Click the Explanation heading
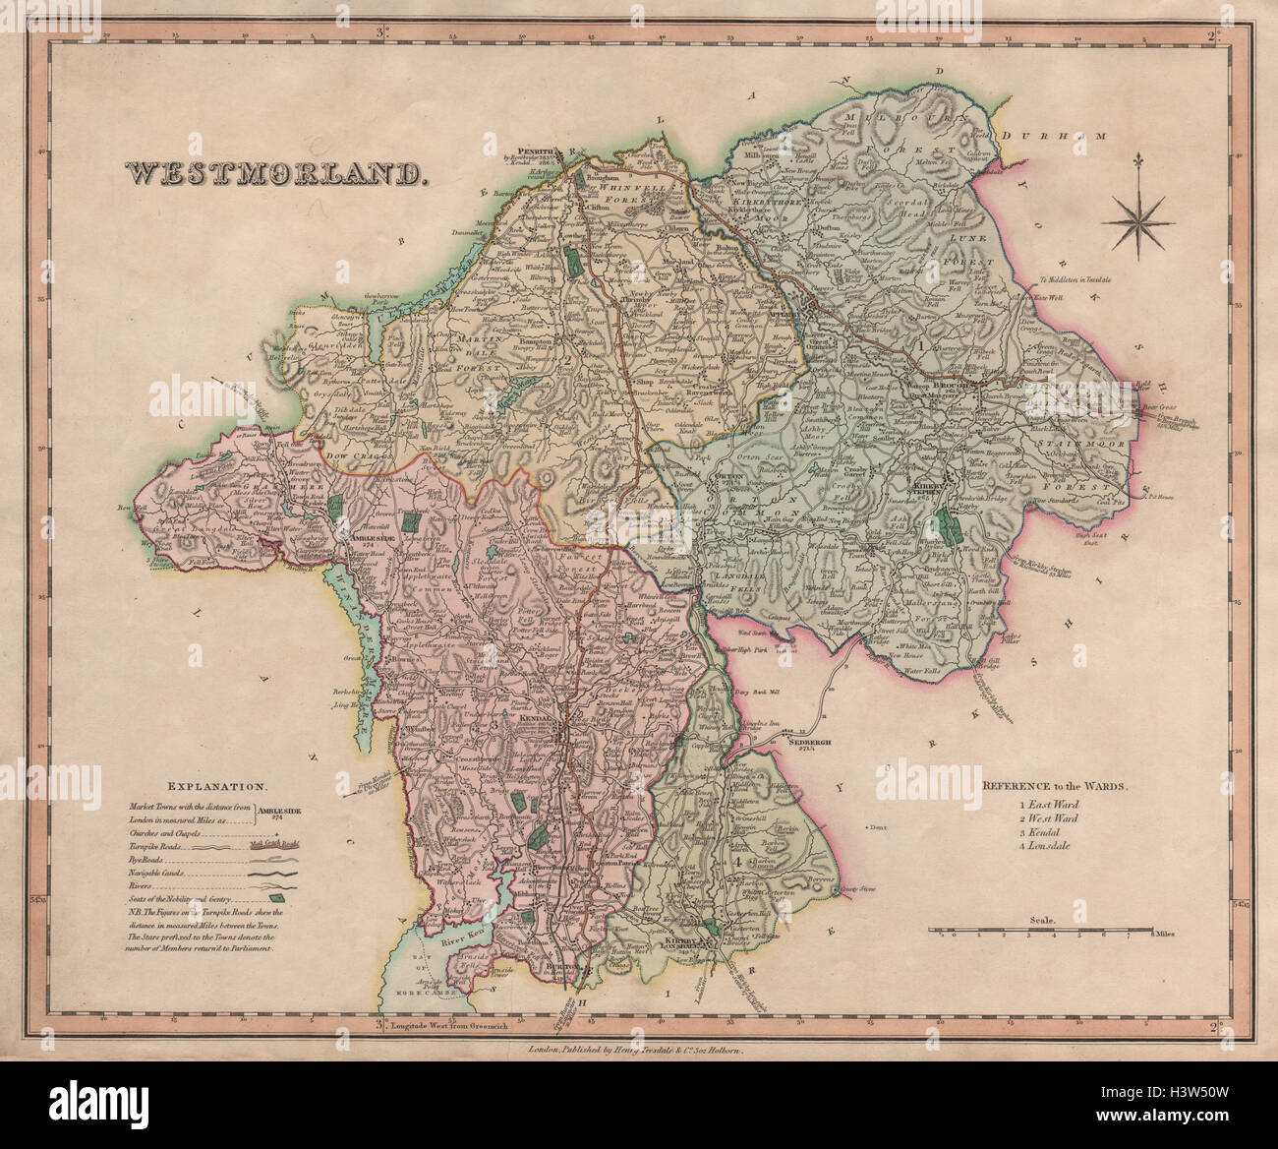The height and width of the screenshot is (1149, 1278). [216, 787]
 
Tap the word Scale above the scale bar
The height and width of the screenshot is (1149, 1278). [1043, 920]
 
